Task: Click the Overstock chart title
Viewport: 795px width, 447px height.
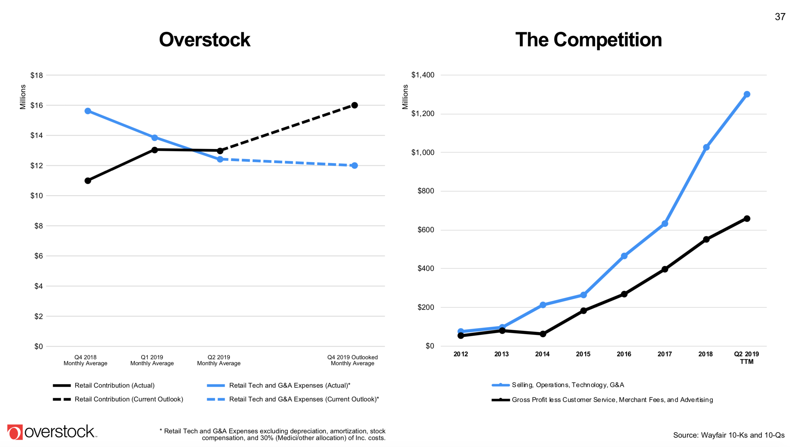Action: [205, 40]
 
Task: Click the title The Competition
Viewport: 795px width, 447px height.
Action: [589, 40]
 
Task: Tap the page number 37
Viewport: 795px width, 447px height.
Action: [780, 17]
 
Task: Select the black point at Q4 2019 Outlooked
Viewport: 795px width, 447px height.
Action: [355, 105]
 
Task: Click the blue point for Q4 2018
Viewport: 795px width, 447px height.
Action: [88, 111]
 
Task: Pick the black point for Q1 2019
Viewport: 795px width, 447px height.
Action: [155, 150]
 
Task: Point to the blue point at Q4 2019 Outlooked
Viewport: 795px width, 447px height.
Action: [355, 165]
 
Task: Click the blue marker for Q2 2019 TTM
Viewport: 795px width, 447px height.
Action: [747, 94]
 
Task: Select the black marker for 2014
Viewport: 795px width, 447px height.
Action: [543, 334]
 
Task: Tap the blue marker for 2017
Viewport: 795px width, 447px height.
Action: [665, 223]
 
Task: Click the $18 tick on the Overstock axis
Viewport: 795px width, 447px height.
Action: [36, 75]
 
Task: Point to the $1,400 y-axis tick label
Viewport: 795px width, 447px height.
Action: [423, 75]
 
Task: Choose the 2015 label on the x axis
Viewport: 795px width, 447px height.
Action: [583, 354]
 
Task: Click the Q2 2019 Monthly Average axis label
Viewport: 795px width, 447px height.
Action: [219, 360]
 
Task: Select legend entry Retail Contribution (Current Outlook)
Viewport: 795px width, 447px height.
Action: [129, 399]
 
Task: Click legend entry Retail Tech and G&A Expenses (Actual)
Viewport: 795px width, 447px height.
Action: [289, 385]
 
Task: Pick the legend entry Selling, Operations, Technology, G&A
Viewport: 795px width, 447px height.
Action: [567, 385]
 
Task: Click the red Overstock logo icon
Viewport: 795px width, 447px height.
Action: [15, 432]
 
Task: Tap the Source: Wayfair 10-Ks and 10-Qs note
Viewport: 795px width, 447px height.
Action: [729, 435]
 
